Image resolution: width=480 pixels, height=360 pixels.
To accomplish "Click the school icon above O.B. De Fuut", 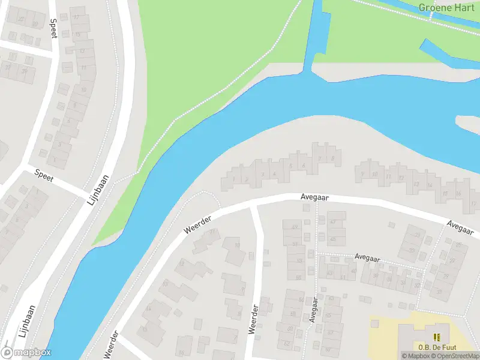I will click(x=437, y=337).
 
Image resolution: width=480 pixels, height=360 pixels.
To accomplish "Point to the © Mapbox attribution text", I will click(x=416, y=356).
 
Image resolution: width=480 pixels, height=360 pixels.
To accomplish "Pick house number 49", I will click(x=295, y=227).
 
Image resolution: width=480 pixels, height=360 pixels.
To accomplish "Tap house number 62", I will click(x=287, y=344).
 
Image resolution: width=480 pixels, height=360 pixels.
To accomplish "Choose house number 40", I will click(x=354, y=271).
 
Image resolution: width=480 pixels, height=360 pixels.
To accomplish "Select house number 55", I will click(x=298, y=277).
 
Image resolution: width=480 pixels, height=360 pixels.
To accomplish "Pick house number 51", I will click(x=295, y=244).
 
